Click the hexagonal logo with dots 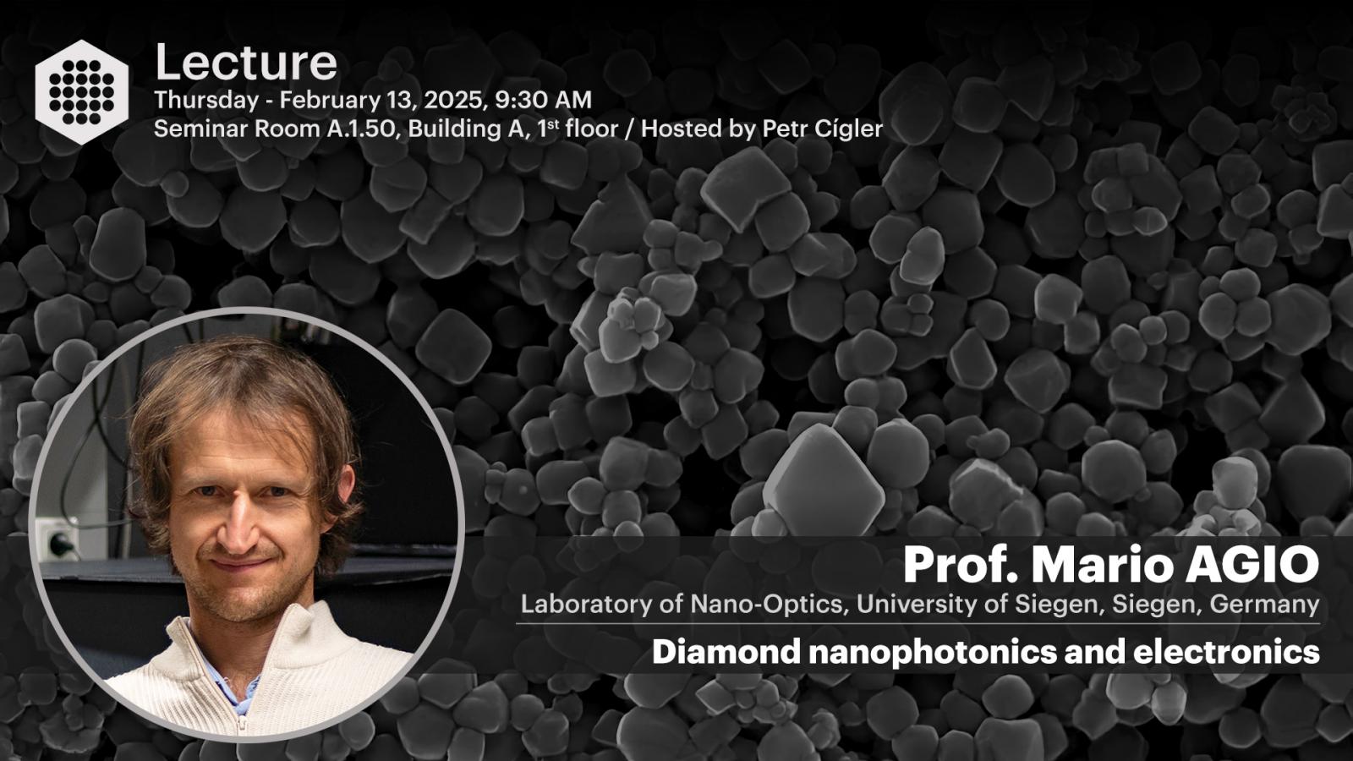81,92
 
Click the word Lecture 246,63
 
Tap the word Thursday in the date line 206,101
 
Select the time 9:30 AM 543,100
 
